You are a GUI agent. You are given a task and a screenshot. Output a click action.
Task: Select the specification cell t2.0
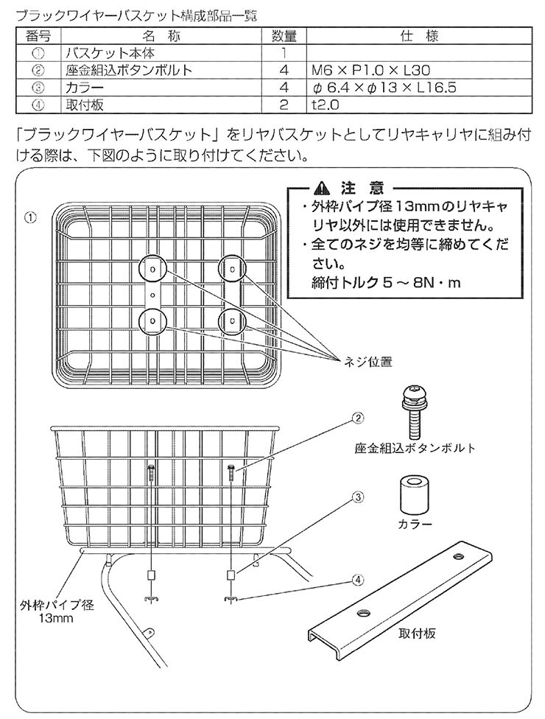325,105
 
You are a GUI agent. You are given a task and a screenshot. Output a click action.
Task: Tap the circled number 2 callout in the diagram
356,418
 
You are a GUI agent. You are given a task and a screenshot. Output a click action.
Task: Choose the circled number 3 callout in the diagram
356,497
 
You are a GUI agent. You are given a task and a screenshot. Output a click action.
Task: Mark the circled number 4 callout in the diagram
356,580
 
